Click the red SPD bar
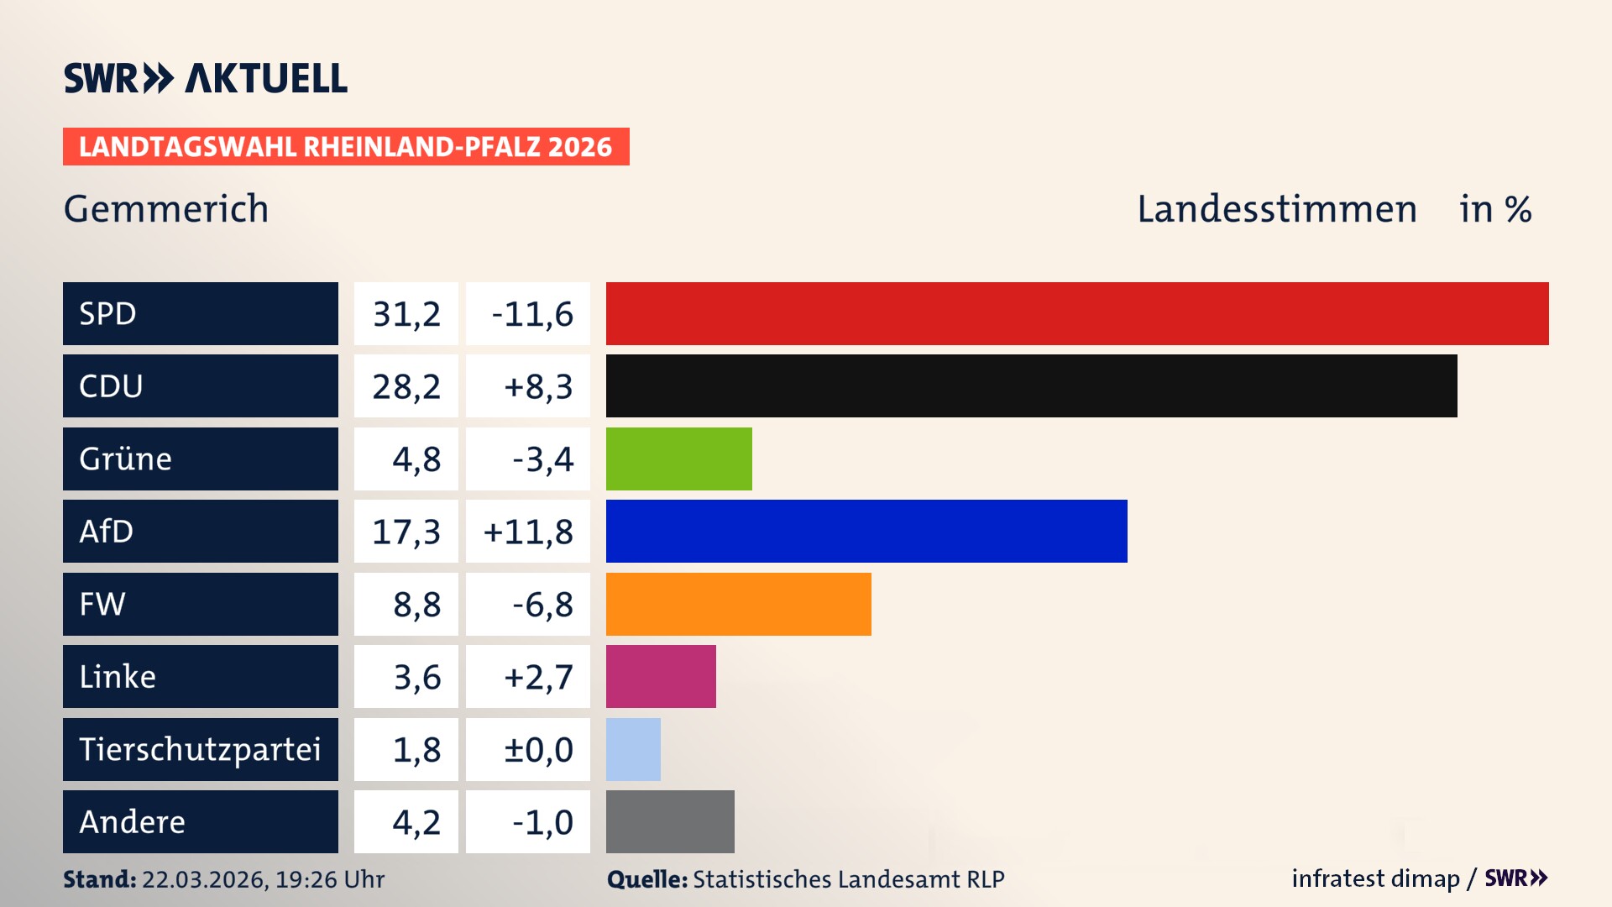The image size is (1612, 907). coord(1077,313)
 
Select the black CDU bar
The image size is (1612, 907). coord(1031,385)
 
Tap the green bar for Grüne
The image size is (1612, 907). coord(678,459)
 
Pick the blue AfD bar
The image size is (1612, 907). coord(866,531)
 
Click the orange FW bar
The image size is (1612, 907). coord(738,604)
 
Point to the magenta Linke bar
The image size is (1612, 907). coord(661,676)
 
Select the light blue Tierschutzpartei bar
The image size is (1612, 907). coord(633,749)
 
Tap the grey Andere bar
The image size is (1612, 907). coord(670,821)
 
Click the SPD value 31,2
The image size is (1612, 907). coord(406,314)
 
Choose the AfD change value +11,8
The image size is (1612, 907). coord(528,532)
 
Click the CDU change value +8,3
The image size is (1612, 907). coord(537,386)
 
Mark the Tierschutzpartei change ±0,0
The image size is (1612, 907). coord(537,750)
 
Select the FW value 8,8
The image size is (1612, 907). coord(416,605)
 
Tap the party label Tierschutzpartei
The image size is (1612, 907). coord(200,749)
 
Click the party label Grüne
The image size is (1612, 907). coord(125,459)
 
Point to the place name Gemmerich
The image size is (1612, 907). coord(166,209)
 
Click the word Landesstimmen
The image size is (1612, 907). coord(1276,209)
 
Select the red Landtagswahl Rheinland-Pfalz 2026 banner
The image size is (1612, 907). coord(346,147)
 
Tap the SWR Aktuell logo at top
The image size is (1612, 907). coord(206,78)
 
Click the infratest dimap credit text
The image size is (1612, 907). coord(1374,878)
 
